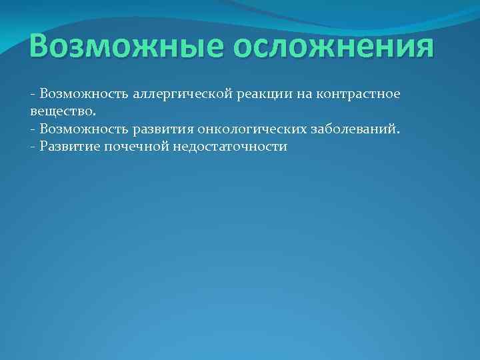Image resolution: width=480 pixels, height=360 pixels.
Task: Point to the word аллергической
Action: pyautogui.click(x=176, y=95)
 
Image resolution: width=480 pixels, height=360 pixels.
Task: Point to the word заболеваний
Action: pyautogui.click(x=353, y=129)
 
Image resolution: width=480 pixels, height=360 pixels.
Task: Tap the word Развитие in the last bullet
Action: pyautogui.click(x=69, y=146)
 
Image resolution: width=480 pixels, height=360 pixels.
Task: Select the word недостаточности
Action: pyautogui.click(x=230, y=146)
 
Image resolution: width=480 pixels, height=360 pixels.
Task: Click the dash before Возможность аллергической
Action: pyautogui.click(x=33, y=95)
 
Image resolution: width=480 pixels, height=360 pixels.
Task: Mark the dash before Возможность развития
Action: pyautogui.click(x=33, y=129)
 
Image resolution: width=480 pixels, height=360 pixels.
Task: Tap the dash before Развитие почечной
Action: pyautogui.click(x=33, y=147)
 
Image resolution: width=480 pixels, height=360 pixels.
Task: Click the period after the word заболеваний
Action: pyautogui.click(x=399, y=132)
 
